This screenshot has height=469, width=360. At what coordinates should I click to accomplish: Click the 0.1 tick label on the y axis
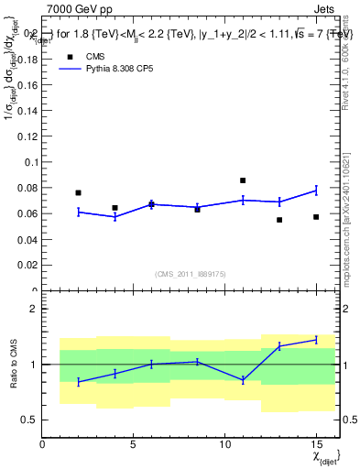31,162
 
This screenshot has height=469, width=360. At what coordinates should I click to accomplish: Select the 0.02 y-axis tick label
28,265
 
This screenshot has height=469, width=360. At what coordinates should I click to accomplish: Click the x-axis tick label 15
316,445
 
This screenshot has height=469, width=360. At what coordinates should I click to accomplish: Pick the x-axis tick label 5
134,445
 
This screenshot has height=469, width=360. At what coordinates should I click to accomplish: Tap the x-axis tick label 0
42,445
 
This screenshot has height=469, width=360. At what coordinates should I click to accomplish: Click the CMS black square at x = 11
243,180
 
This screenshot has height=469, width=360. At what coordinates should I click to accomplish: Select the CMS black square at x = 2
78,193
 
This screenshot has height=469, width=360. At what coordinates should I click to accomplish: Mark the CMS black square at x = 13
279,220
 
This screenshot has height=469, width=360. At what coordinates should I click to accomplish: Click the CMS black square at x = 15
316,217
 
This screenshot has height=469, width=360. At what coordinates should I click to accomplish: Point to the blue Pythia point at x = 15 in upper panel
316,191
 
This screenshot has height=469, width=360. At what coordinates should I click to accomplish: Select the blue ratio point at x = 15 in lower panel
316,340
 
